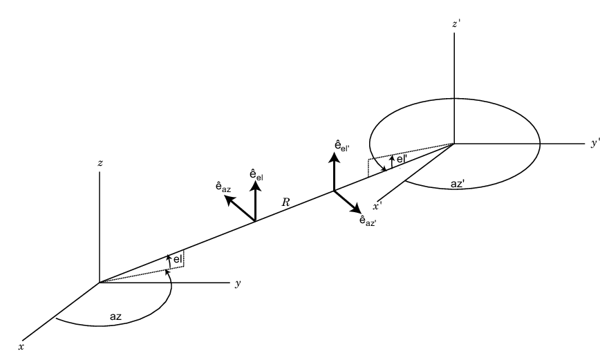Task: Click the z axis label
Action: point(100,163)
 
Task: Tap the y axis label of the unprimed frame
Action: point(238,283)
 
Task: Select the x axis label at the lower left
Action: point(21,347)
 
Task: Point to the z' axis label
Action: point(456,24)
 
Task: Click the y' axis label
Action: point(594,144)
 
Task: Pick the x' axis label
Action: point(377,207)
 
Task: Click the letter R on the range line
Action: point(286,202)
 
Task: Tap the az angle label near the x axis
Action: point(115,316)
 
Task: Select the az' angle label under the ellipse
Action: point(458,184)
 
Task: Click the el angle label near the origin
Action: point(178,259)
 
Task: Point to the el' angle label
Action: point(402,159)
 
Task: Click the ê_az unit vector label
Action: point(223,187)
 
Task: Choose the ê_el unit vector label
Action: point(256,175)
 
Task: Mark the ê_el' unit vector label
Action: point(342,146)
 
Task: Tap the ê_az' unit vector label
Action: point(368,220)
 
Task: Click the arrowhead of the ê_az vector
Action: point(229,200)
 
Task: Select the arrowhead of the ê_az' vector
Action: point(355,208)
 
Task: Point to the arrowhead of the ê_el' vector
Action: point(335,158)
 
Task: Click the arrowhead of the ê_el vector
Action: point(255,186)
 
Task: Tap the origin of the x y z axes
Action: point(100,283)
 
